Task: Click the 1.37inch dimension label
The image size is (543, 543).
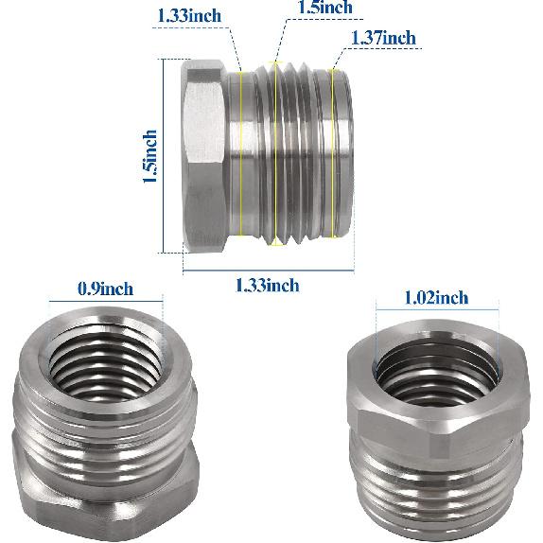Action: coord(383,38)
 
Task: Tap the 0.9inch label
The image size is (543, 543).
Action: coord(105,289)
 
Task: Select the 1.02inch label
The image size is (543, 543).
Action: coord(435,298)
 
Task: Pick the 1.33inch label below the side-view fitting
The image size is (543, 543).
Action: coord(268,285)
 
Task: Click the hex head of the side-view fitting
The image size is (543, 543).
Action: coord(203,156)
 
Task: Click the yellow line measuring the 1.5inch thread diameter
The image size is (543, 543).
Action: coord(277,151)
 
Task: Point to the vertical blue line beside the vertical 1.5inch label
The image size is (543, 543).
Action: coord(164,156)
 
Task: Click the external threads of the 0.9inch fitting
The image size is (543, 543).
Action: coord(104,416)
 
